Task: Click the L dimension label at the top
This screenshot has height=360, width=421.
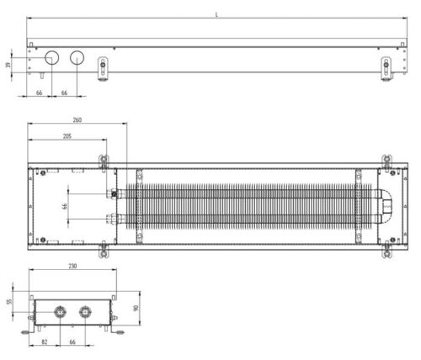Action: coord(216,14)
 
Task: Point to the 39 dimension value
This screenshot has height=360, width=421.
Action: coord(8,65)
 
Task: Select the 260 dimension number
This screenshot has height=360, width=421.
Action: coord(77,120)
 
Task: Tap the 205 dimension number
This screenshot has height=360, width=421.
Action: coord(67,136)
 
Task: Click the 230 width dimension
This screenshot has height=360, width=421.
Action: coord(72,266)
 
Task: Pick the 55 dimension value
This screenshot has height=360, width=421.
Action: coord(10,302)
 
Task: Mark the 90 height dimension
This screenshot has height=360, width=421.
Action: coord(136,309)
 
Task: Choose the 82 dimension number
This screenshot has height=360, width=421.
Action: coord(45,342)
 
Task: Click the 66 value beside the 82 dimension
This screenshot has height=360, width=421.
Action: coord(72,342)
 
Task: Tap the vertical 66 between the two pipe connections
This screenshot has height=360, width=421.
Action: coord(65,207)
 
